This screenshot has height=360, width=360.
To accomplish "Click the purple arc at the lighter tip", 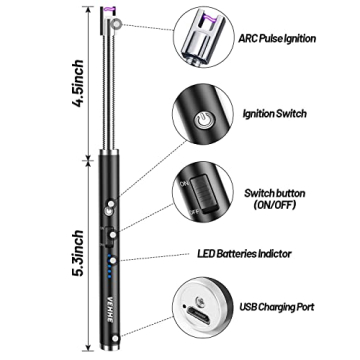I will click(x=105, y=13).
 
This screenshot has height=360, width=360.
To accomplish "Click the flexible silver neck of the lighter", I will click(x=105, y=90).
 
